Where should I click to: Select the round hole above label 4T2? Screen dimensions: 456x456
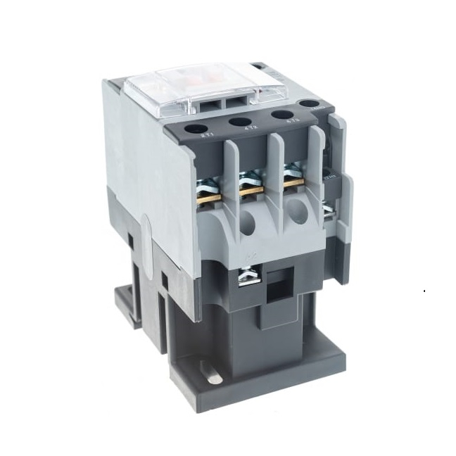coord(241,122)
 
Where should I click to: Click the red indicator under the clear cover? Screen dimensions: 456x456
coord(205,76)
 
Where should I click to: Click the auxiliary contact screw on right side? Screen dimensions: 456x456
coord(328,208)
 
